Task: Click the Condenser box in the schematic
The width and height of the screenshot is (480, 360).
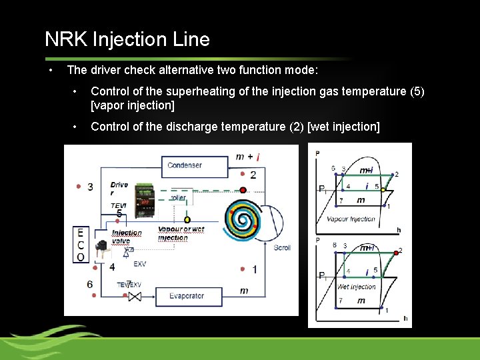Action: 185,165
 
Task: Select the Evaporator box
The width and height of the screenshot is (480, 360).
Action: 186,295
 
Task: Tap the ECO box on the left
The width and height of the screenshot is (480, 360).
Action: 80,245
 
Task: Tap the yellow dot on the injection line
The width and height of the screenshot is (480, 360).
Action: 187,219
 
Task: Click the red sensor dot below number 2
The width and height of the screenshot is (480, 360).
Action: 243,190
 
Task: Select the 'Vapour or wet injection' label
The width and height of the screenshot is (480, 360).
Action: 181,233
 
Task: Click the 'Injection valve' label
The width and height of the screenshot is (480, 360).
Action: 126,237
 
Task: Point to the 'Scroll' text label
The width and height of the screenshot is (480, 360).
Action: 282,248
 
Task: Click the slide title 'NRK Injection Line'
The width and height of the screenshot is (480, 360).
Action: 127,39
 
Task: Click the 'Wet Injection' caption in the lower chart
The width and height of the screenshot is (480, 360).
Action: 356,287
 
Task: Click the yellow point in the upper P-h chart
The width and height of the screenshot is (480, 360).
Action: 383,189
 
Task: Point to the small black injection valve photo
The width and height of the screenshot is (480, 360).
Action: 103,250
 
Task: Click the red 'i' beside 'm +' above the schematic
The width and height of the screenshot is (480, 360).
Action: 257,157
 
